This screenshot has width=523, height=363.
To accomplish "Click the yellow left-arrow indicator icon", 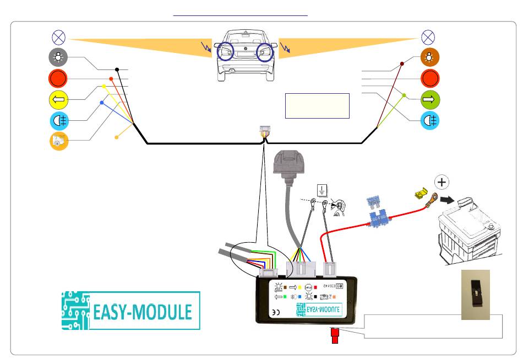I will coord(59,99).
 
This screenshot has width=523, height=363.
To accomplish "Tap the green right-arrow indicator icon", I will coord(428,100).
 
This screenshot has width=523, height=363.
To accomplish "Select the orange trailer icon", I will coord(59,141).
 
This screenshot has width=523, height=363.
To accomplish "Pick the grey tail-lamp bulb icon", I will coord(59,57).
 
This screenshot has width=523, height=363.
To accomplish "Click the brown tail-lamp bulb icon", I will coord(428,57).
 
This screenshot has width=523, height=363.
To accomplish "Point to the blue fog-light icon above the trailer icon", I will coord(59,120).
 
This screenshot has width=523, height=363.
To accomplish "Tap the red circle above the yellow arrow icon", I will coord(59,78).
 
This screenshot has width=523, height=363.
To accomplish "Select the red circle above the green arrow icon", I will coord(428,78).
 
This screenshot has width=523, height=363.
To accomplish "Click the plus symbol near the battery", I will coord(441,183).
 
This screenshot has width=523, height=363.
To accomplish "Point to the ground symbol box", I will coord(323,191).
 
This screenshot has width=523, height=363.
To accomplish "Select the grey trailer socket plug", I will coord(290,166).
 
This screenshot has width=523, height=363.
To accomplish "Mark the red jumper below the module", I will coord(334,335).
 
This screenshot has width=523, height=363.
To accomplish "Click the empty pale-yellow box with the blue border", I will coord(317,105).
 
